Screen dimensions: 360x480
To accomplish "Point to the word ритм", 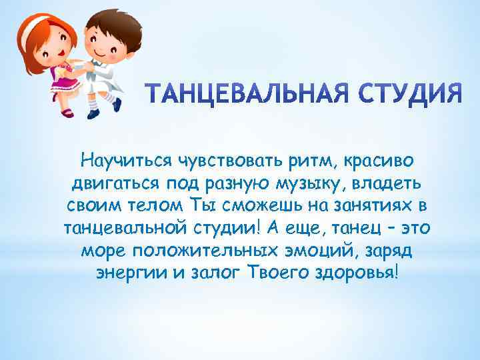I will [x=278, y=160].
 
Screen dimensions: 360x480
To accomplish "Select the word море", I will [x=103, y=251].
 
